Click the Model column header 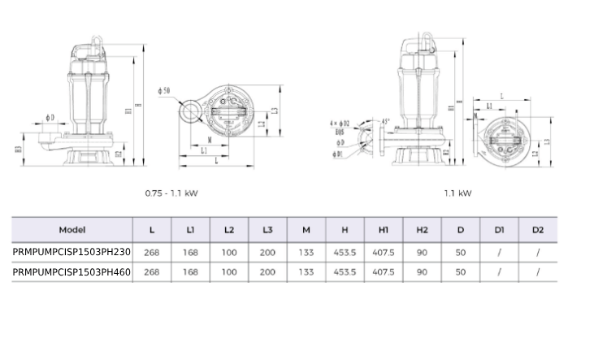tap(72, 230)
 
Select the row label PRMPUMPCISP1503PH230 tap(72, 252)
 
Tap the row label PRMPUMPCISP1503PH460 tap(72, 272)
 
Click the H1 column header tap(384, 230)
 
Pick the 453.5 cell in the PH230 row tap(345, 252)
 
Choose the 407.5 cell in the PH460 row tap(384, 272)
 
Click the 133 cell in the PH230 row tap(306, 252)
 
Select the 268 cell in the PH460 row tap(151, 272)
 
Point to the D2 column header tap(538, 230)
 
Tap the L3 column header tap(267, 230)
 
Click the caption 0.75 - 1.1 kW tap(171, 193)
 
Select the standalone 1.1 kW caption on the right tap(457, 193)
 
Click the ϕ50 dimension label tap(165, 91)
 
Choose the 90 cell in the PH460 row tap(422, 272)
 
